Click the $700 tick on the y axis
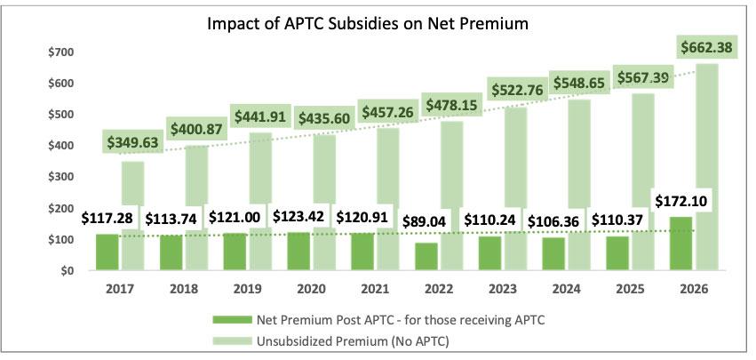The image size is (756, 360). pos(62,52)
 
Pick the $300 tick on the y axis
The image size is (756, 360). pos(62,177)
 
